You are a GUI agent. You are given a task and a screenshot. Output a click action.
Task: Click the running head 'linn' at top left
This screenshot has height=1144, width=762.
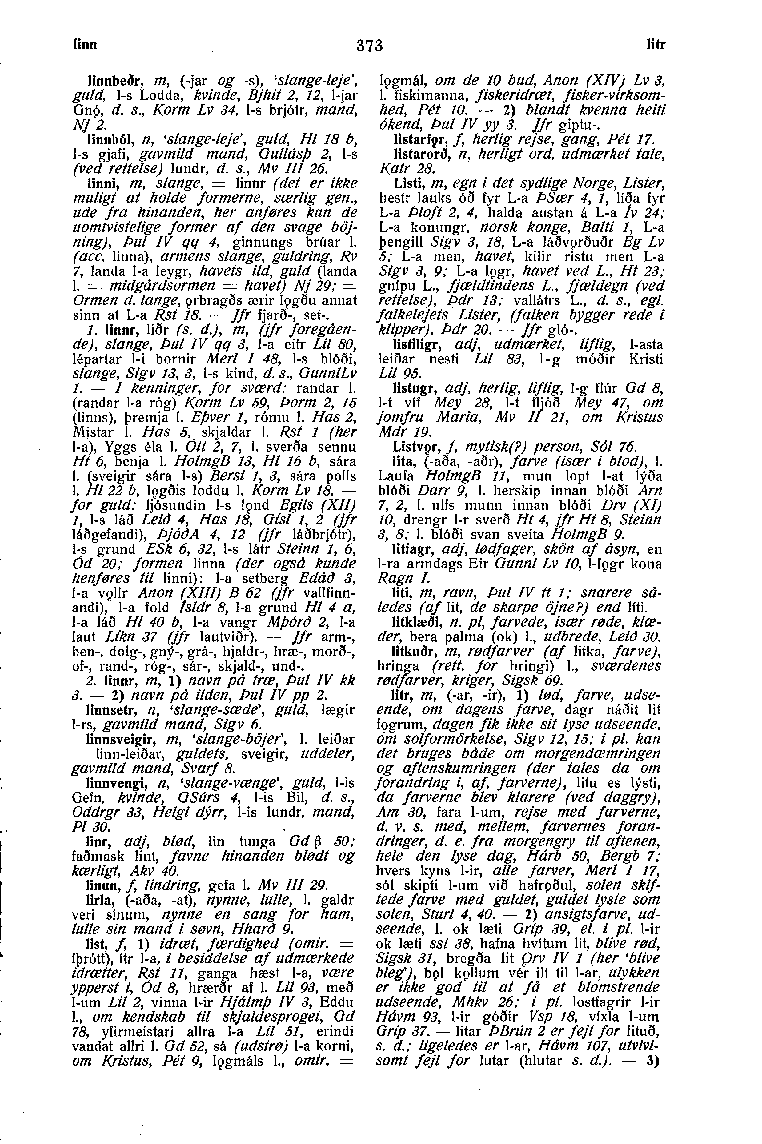86,44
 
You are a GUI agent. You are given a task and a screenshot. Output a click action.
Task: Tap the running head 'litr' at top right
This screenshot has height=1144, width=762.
655,45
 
